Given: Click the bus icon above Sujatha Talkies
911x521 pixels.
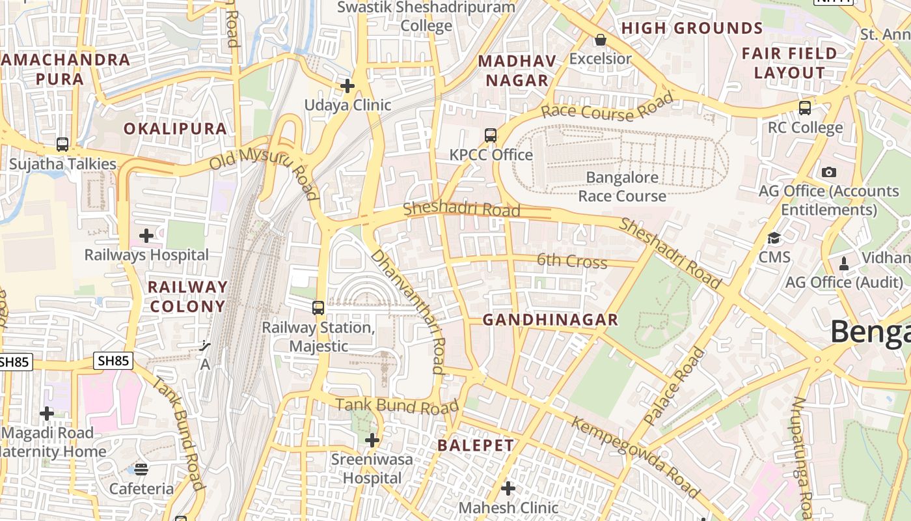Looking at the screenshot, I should pos(62,144).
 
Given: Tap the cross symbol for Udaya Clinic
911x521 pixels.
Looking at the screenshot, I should pos(347,85).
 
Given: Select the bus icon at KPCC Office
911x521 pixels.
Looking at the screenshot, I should pos(491,135).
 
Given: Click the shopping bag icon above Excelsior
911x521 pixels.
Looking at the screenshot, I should pos(600,40).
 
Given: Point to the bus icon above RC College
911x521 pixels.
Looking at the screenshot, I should pos(805,108).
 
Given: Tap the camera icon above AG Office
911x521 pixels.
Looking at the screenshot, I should pos(828,172).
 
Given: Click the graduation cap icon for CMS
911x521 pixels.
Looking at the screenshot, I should pos(774,238).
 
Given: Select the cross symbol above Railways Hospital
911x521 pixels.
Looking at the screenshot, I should pos(146,235).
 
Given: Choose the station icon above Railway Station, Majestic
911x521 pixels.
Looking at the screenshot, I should pos(318,307).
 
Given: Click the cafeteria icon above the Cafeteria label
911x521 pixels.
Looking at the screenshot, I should pos(141,469).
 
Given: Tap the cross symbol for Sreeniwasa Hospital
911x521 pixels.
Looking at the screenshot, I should pos(372,440).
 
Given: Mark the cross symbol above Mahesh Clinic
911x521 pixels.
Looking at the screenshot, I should pos(508,488).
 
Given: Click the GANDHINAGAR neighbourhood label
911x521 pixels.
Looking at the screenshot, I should pos(550,320).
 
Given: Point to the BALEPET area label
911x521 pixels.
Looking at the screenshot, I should pos(476,445).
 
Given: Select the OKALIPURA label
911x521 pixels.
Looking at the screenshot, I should pos(176,128).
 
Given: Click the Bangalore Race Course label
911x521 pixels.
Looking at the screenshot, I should pos(622,186).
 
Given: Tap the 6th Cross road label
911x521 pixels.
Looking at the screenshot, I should pos(571,261).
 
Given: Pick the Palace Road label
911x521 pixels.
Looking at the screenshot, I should pos(674,386).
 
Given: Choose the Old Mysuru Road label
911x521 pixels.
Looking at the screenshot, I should pos(264,172).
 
